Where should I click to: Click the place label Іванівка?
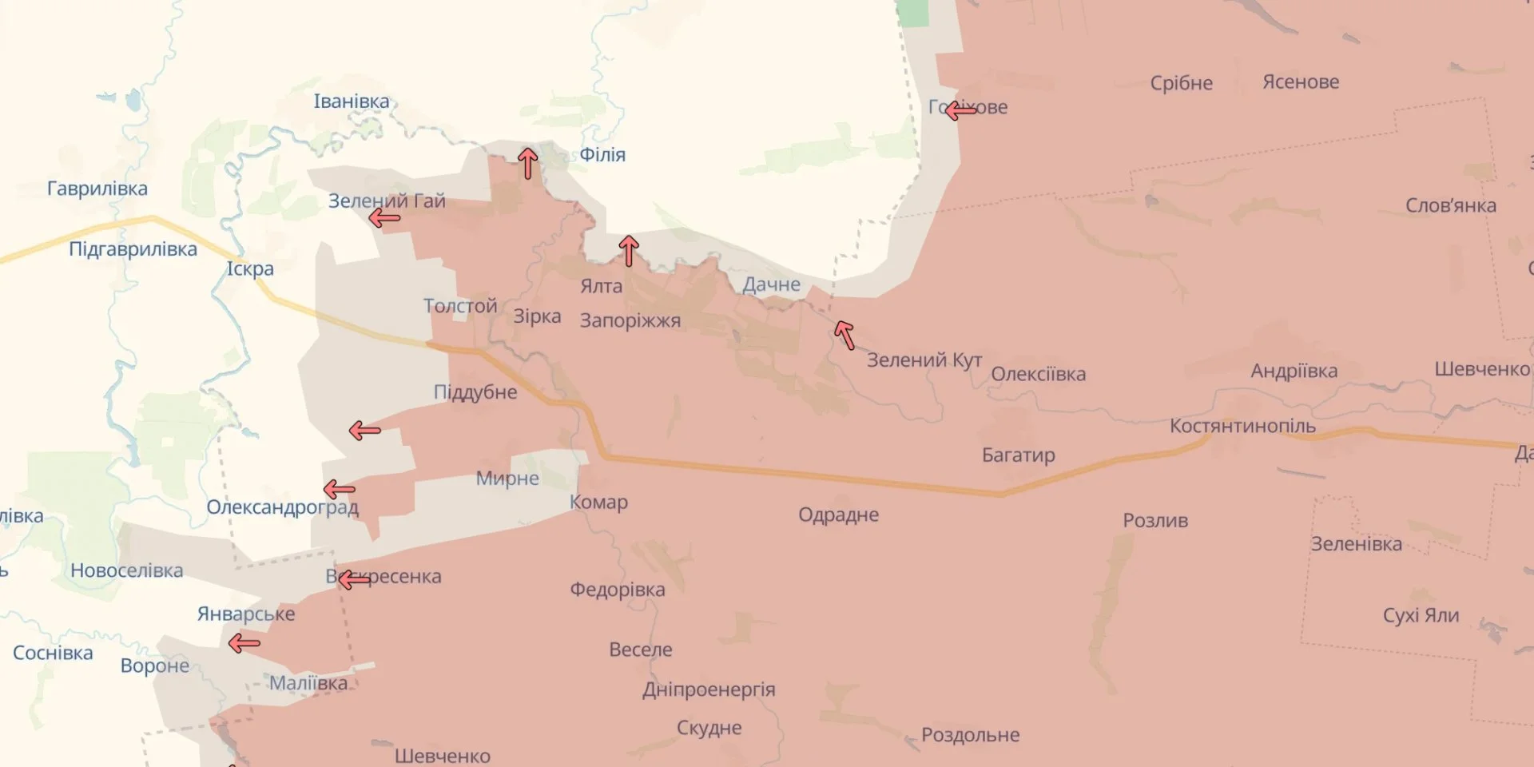(x=351, y=101)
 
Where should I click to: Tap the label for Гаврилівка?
(x=97, y=189)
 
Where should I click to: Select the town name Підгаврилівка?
(x=133, y=249)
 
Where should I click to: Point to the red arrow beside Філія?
(x=527, y=163)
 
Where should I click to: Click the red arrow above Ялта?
(x=629, y=251)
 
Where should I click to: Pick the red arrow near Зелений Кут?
(x=844, y=335)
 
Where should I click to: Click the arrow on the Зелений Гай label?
(x=384, y=217)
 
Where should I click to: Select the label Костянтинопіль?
(x=1242, y=426)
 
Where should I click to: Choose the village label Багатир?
(x=1018, y=455)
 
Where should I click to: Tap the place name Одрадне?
(x=838, y=515)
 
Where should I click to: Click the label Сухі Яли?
(x=1421, y=616)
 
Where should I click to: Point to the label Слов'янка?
(x=1450, y=205)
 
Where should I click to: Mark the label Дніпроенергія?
(x=709, y=690)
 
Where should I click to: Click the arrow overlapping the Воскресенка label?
(x=354, y=579)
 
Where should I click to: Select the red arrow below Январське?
(x=244, y=642)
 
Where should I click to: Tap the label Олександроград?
(x=282, y=507)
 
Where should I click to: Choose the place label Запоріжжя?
(x=630, y=321)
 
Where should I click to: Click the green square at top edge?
(x=912, y=12)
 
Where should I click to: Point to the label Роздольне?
(x=970, y=735)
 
